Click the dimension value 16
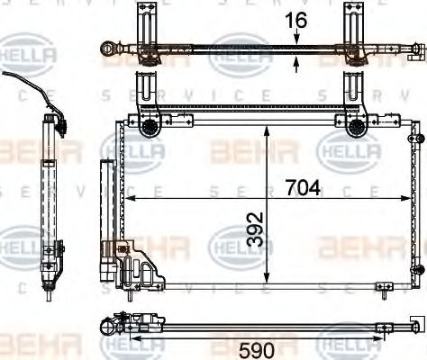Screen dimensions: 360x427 point(297,19)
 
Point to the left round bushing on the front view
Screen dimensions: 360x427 point(148,127)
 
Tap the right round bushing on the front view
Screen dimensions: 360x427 point(356,127)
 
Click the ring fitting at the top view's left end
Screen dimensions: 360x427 point(109,47)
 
